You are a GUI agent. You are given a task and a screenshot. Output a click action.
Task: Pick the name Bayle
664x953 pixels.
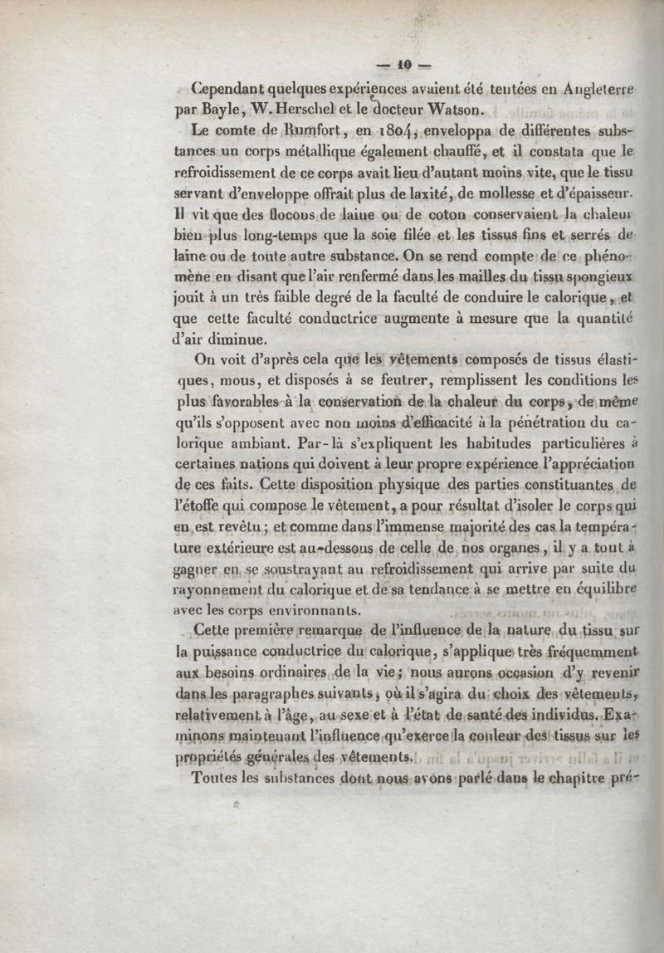[222, 110]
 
